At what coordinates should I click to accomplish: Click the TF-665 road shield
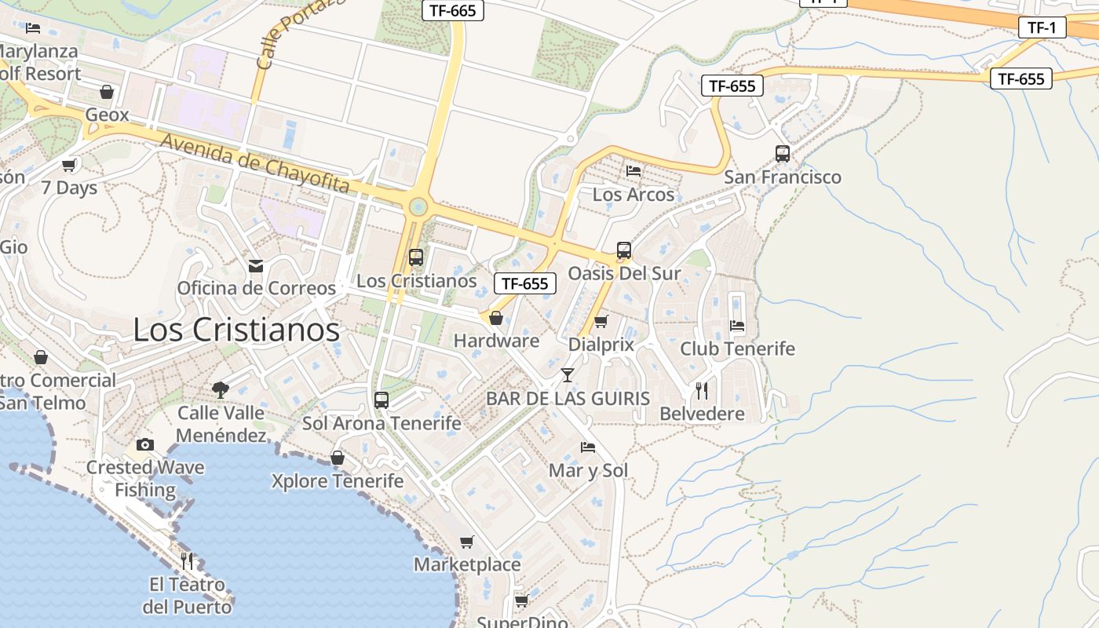coord(453,10)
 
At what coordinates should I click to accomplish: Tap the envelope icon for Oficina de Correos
coord(256,266)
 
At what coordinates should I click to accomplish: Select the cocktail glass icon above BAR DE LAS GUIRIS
coord(568,375)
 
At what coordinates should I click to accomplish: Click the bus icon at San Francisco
coord(783,154)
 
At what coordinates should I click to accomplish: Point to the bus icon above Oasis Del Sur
coord(624,251)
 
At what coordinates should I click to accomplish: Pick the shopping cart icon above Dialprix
coord(601,321)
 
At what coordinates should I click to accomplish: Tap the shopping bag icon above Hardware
coord(496,318)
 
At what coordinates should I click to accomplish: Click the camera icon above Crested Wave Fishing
coord(144,445)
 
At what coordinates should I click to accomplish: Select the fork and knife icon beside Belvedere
coord(702,390)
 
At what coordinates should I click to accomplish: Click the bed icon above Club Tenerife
coord(737,325)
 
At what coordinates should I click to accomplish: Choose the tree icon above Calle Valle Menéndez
coord(221,389)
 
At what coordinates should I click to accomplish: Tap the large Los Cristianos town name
coord(236,330)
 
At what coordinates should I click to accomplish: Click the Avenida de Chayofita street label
coord(254,163)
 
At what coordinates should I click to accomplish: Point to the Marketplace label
coord(467,564)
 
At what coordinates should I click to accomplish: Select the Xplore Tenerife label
coord(338,480)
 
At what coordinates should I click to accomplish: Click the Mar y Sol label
coord(588,471)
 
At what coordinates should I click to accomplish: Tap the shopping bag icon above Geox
coord(107,92)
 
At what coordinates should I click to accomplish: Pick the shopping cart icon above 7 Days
coord(69,166)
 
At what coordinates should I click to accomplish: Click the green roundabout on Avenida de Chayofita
coord(418,207)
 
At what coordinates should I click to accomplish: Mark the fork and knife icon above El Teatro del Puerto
coord(187,560)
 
